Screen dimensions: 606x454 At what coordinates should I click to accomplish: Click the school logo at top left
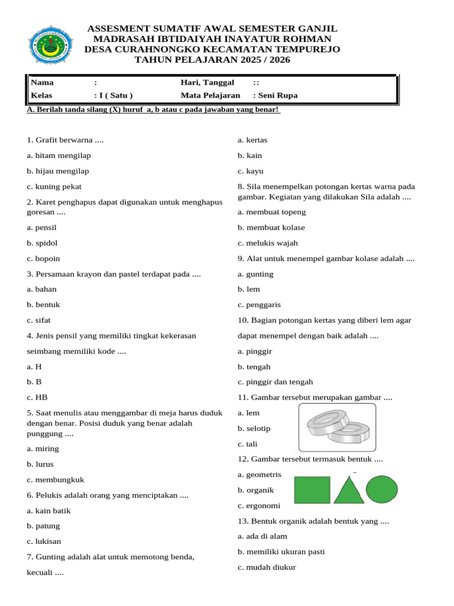point(51,44)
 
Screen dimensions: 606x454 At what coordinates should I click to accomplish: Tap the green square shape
point(312,490)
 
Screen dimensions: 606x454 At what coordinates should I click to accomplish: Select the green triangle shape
point(349,490)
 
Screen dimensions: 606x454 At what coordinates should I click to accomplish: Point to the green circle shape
point(382,489)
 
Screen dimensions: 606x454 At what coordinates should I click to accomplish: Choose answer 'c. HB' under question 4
point(37,397)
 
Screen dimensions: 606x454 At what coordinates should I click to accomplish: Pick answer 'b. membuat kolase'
point(271,227)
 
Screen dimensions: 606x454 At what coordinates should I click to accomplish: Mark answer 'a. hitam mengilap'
point(59,156)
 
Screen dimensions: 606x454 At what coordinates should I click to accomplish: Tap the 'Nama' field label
point(41,82)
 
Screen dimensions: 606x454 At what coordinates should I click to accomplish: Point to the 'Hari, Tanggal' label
point(207,82)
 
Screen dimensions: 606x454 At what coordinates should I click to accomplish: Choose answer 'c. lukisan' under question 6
point(44,541)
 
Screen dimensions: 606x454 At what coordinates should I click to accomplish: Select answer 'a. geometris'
point(260,474)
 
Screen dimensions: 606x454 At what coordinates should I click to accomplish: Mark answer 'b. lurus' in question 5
point(40,464)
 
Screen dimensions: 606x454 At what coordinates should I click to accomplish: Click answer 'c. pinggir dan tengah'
point(275,382)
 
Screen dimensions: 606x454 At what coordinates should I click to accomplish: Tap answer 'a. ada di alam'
point(262,536)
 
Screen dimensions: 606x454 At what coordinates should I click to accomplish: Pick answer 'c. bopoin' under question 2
point(43,259)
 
